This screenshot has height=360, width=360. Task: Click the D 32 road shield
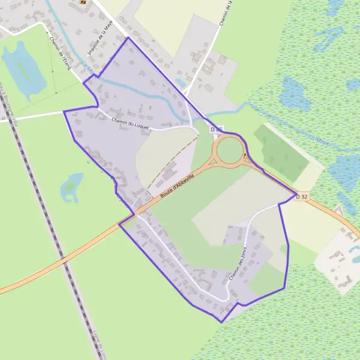(x=303, y=197)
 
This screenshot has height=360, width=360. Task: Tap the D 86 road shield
(x=217, y=130)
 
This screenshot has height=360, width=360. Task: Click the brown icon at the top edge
(x=83, y=2)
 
